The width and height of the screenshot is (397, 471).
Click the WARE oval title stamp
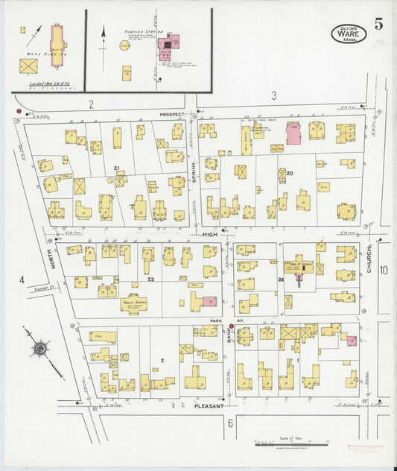coord(349,33)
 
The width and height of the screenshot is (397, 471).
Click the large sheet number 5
coord(379,23)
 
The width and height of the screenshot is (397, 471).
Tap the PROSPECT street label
coord(171,115)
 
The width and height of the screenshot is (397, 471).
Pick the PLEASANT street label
coord(209,406)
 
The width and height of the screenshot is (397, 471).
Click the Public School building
coord(133,303)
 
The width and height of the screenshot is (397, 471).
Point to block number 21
coord(117,168)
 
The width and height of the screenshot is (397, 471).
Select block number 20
coord(290,173)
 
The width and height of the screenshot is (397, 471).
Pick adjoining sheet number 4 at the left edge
coord(22,279)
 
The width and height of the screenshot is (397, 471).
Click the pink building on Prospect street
coord(293,133)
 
